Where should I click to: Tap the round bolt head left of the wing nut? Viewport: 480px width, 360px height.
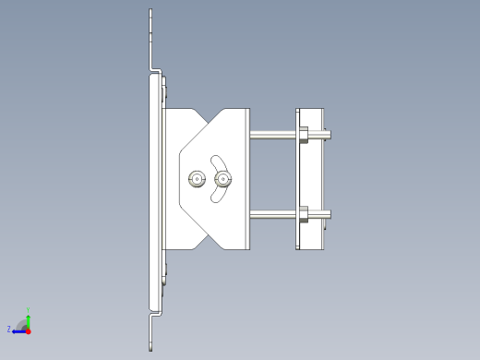coord(196,179)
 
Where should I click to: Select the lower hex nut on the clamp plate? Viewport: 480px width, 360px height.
coord(302,218)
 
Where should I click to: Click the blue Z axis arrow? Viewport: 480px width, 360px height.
coord(18,330)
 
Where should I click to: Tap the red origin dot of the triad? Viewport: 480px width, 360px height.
coord(29,330)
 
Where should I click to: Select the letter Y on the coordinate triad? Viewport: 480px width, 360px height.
coord(29,310)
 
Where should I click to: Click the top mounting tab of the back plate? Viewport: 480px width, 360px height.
coord(150,37)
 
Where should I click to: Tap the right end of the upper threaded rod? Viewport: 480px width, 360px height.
coord(329,137)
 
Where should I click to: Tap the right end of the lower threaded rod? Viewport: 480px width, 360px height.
coord(329,218)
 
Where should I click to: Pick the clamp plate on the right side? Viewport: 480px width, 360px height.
coord(311,178)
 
